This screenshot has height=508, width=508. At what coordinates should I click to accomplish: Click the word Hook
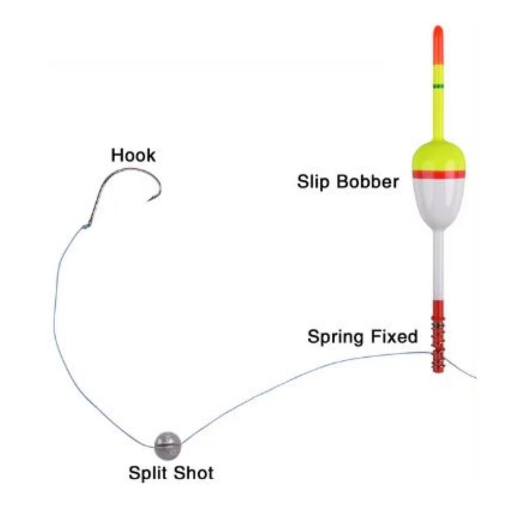(134, 155)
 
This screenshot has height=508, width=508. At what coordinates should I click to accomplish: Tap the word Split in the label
(149, 473)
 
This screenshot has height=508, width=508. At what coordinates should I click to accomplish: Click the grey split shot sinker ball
(167, 445)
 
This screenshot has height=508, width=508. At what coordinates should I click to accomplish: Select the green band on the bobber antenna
(438, 86)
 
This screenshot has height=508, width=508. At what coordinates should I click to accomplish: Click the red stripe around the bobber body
(438, 174)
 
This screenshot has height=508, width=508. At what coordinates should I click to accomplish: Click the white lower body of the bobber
(438, 203)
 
